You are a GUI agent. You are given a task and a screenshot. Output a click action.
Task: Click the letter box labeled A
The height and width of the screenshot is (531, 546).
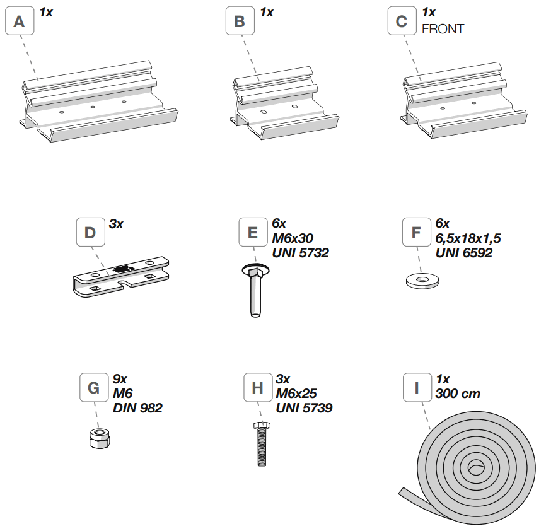tap(20, 22)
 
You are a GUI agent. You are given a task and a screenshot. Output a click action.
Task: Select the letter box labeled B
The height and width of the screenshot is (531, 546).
tap(240, 22)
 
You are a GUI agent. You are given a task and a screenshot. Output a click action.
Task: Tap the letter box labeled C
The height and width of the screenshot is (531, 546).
tap(402, 22)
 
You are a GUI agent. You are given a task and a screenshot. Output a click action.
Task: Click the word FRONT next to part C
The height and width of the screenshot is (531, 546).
tap(443, 29)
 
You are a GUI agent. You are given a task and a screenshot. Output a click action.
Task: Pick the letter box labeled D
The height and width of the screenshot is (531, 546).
tap(90, 233)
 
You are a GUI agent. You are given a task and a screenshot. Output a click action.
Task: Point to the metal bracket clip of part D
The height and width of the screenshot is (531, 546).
tap(120, 276)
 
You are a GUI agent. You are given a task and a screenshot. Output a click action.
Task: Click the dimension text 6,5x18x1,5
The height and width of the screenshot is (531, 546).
tap(468, 238)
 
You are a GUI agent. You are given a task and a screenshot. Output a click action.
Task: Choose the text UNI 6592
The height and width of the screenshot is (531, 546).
tap(464, 253)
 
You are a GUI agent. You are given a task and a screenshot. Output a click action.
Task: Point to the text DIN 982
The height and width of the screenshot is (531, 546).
tap(137, 408)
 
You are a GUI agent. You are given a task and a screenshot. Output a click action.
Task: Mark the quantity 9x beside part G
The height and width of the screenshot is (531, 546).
tap(120, 379)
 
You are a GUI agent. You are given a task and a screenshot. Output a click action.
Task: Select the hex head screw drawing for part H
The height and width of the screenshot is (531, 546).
tap(260, 444)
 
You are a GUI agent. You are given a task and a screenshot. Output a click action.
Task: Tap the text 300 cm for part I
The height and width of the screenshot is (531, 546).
tap(458, 394)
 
